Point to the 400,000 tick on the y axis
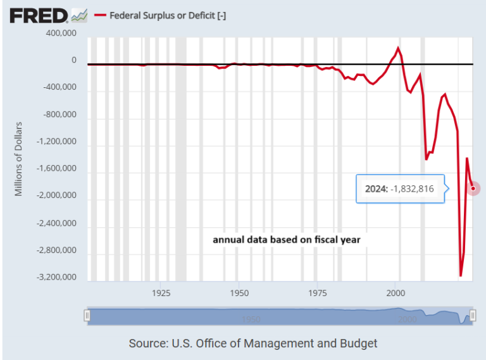pos(60,33)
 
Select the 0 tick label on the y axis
pos(73,61)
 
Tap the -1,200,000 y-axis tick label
pos(57,142)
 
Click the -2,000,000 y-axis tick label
pos(57,196)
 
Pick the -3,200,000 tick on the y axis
pos(57,277)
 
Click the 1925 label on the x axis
pos(161,293)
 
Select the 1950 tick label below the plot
pos(239,293)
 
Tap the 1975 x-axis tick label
pos(318,293)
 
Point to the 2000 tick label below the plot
pos(396,293)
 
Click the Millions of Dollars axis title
pos(18,158)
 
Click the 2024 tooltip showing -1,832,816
pos(399,189)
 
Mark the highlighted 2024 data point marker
pos(473,188)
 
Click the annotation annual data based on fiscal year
pos(286,240)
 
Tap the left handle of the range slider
pos(87,316)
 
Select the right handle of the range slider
pos(472,316)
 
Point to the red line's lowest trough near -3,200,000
pos(461,275)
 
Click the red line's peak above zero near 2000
pos(398,48)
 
